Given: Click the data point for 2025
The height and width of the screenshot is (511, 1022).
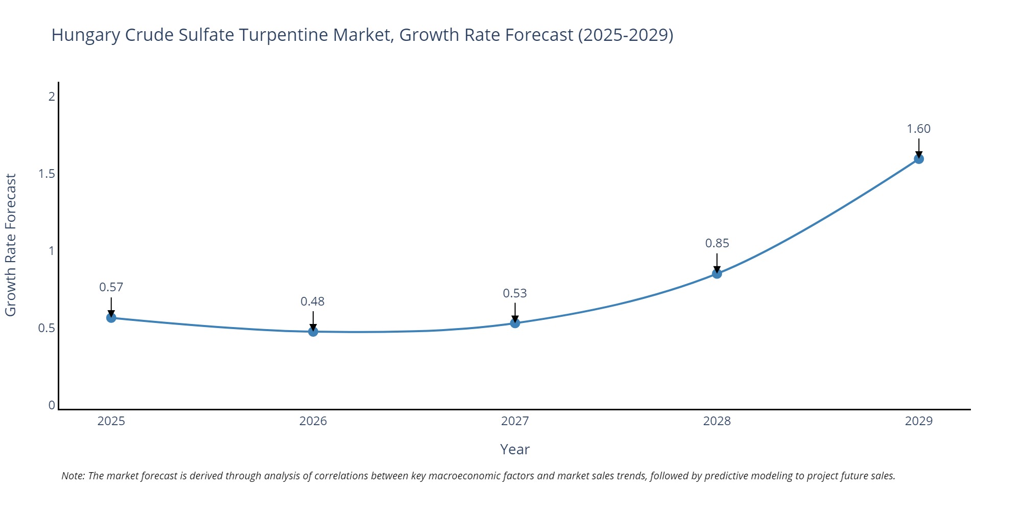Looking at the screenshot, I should pyautogui.click(x=111, y=318).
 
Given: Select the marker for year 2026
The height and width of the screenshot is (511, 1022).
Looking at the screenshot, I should pyautogui.click(x=313, y=332).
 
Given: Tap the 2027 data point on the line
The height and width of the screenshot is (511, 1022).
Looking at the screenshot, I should pyautogui.click(x=515, y=323).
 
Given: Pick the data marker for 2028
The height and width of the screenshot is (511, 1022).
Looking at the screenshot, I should pyautogui.click(x=717, y=274).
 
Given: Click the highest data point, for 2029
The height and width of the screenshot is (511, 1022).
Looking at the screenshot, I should pyautogui.click(x=919, y=159).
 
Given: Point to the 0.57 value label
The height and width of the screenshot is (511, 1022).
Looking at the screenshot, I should pyautogui.click(x=111, y=287).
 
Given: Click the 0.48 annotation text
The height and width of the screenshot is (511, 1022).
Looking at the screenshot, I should pyautogui.click(x=313, y=301).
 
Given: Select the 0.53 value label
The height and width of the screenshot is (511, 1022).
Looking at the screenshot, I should pyautogui.click(x=515, y=293).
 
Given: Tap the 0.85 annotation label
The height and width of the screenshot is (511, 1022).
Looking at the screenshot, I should pyautogui.click(x=717, y=243).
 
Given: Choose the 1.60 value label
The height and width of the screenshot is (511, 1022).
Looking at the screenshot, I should pyautogui.click(x=919, y=129).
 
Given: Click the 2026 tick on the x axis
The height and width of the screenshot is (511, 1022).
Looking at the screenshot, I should pyautogui.click(x=313, y=421).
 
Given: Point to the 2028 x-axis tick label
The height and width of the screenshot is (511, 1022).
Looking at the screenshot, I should pyautogui.click(x=717, y=421).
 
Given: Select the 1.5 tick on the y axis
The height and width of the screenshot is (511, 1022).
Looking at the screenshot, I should pyautogui.click(x=47, y=174).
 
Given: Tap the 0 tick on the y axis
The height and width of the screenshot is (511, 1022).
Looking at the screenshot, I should pyautogui.click(x=52, y=405).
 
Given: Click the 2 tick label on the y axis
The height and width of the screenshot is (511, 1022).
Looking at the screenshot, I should pyautogui.click(x=52, y=96).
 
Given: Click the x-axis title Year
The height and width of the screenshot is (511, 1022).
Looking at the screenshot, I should pyautogui.click(x=515, y=449).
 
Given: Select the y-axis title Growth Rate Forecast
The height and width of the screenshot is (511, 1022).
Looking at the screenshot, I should pyautogui.click(x=11, y=245).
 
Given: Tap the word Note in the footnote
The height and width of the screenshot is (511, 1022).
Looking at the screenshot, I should pyautogui.click(x=73, y=476).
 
